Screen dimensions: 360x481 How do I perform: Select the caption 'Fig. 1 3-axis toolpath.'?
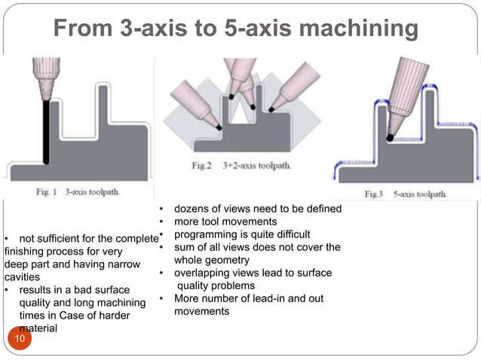tap(75, 191)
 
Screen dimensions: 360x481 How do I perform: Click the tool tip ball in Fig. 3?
tap(390, 136)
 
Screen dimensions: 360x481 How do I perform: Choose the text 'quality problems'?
tap(216, 285)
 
